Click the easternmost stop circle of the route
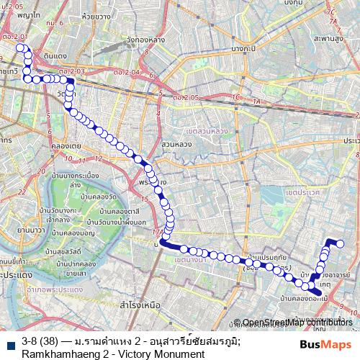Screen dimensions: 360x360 pyautogui.click(x=341, y=245)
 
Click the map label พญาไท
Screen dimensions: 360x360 pyautogui.click(x=29, y=14)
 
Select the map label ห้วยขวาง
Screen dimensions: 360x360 pyautogui.click(x=95, y=14)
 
